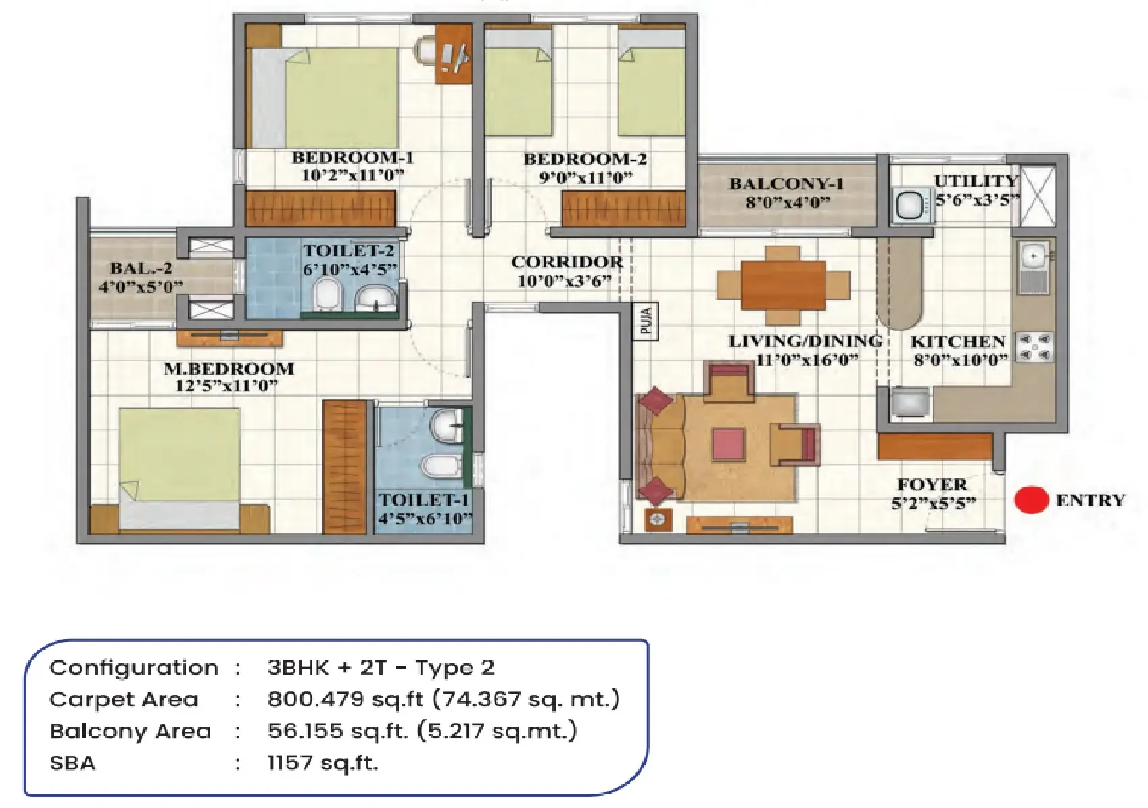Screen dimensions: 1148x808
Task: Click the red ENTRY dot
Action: click(x=1031, y=499)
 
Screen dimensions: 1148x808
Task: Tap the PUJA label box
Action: click(x=646, y=321)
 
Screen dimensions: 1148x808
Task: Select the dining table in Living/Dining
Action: click(x=783, y=286)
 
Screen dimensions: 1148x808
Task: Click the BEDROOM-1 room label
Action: click(x=353, y=158)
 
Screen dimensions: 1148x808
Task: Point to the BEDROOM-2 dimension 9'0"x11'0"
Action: click(x=586, y=178)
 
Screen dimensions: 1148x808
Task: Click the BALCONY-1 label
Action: click(x=786, y=183)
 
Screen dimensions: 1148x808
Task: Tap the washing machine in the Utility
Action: click(x=913, y=205)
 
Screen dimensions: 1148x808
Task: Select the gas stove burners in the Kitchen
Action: click(x=1035, y=348)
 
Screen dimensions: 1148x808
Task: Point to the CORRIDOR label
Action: click(x=567, y=262)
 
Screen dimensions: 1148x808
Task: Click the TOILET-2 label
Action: click(x=348, y=251)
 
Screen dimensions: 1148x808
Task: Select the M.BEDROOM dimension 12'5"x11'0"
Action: click(x=226, y=386)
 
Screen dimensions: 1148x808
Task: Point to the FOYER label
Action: click(x=932, y=485)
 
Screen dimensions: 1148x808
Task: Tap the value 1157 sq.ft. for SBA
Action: click(x=323, y=763)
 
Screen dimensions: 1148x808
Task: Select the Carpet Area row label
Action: click(x=124, y=699)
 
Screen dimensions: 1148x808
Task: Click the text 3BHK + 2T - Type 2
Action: click(x=381, y=667)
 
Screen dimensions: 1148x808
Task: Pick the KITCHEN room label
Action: click(x=957, y=342)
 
